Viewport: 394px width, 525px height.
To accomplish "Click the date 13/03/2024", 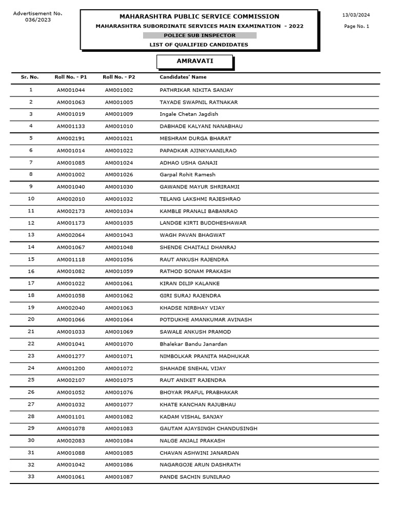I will click(356, 15).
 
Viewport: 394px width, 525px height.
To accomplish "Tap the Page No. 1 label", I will click(356, 26).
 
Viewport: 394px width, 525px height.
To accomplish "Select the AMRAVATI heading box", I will click(195, 62).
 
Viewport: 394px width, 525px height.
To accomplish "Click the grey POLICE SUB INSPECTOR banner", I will click(200, 35).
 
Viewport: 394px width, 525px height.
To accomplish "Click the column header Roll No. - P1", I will click(71, 77).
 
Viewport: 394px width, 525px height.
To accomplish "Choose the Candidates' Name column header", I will click(183, 77).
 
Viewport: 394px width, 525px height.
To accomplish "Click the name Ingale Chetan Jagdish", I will click(189, 114).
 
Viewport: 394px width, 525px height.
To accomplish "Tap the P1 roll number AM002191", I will click(71, 138).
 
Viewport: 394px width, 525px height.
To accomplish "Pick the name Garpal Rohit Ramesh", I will click(188, 175).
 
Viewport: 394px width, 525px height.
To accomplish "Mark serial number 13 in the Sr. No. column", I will click(31, 235).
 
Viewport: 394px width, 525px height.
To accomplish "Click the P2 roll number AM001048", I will click(119, 247).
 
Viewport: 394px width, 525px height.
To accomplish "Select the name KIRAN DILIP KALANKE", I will click(190, 284).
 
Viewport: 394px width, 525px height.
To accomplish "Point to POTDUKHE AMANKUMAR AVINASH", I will click(206, 320).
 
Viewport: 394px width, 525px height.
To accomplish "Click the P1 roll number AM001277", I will click(71, 356).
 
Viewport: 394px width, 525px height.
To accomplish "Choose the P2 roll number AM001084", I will click(119, 441).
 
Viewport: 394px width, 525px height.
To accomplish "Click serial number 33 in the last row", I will click(31, 477).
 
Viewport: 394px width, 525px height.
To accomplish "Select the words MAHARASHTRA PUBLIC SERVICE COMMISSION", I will click(200, 16).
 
